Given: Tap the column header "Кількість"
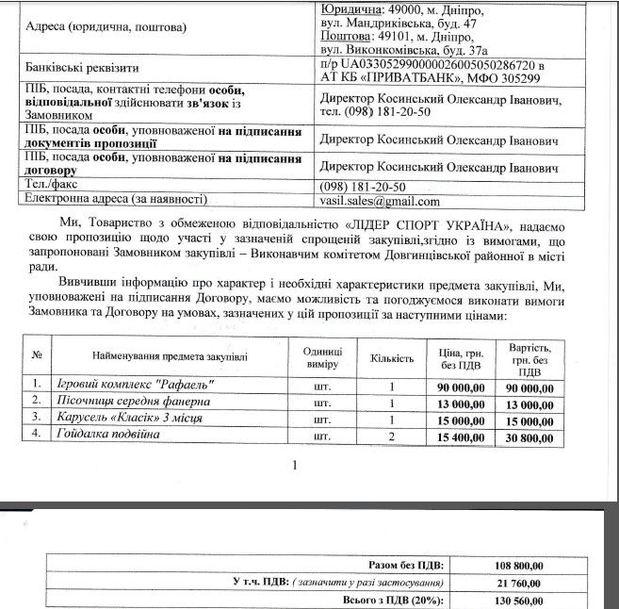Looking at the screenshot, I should (392, 358).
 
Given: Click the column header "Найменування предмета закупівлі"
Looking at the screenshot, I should (171, 358).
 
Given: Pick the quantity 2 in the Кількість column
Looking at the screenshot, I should (392, 436).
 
